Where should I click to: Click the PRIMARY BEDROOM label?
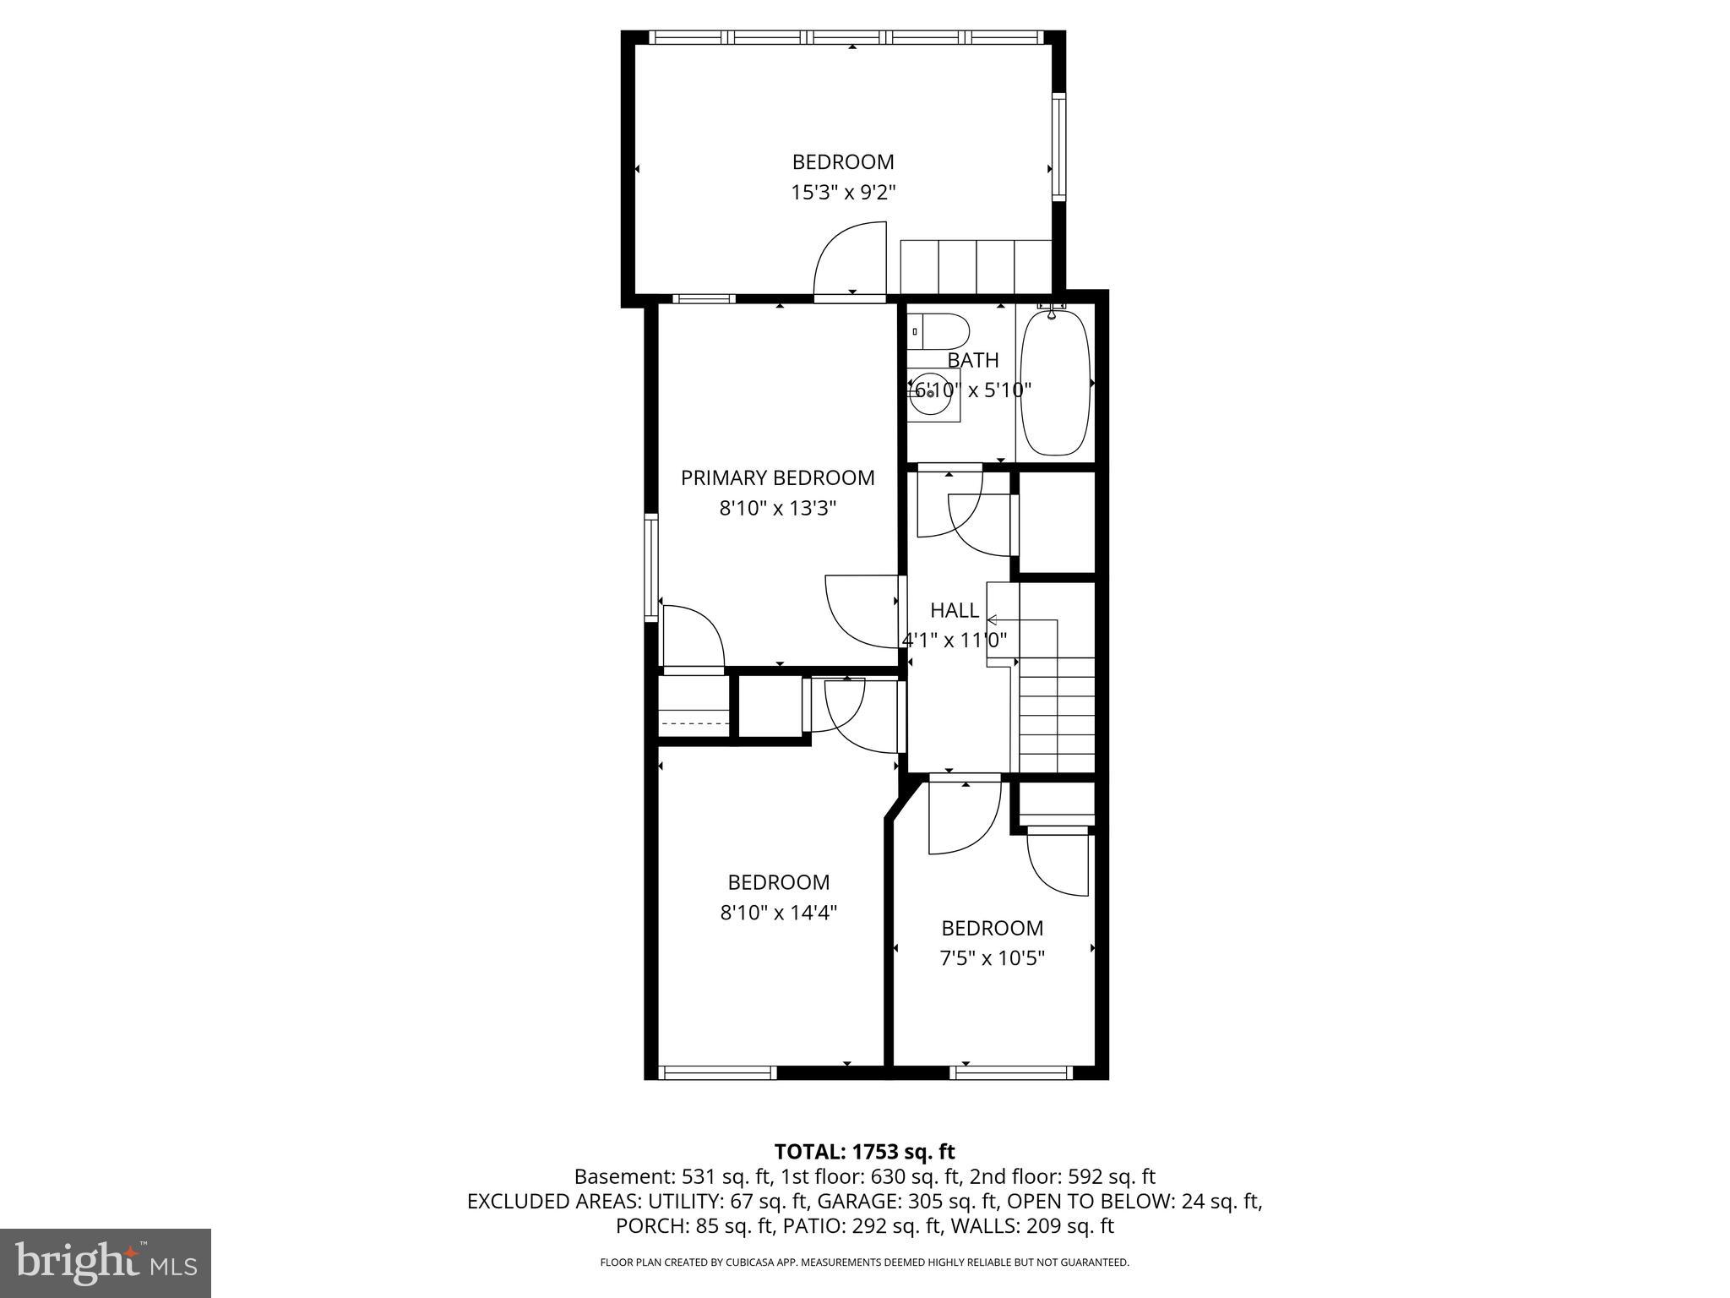[x=777, y=478]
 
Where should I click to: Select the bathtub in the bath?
[x=1056, y=383]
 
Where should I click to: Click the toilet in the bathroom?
[x=939, y=331]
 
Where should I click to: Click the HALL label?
[x=955, y=610]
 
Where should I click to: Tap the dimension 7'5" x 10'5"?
[x=992, y=958]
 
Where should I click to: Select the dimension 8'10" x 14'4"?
[x=778, y=913]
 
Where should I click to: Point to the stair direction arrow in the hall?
[x=993, y=620]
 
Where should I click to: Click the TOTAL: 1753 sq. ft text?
[x=864, y=1152]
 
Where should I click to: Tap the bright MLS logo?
[x=106, y=1263]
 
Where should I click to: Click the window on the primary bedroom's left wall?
[x=650, y=567]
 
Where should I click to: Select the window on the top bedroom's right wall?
[x=1058, y=147]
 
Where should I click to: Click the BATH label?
[x=972, y=360]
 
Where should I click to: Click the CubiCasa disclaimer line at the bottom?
[x=864, y=1263]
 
